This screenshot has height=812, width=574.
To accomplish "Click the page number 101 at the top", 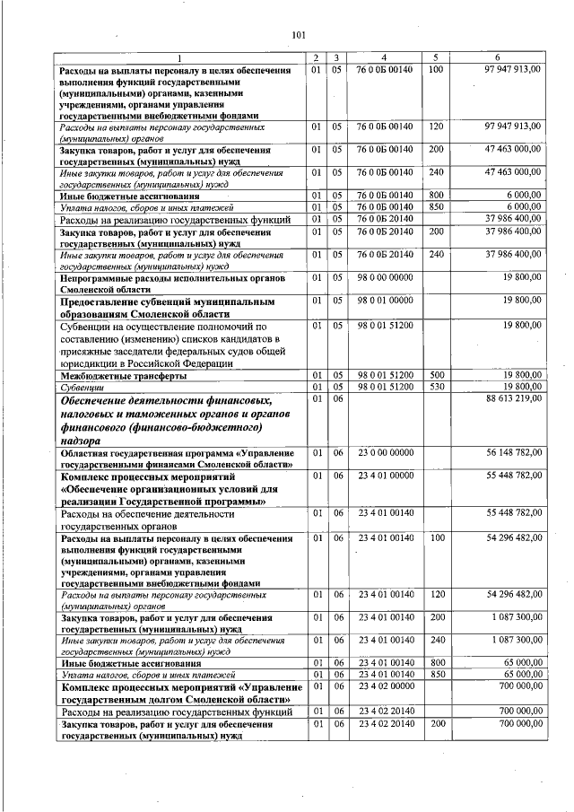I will (x=299, y=36).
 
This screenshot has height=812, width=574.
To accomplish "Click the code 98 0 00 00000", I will (x=385, y=278).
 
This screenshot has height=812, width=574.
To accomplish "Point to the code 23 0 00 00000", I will (x=385, y=453).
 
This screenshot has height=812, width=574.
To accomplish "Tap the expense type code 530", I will (x=436, y=386).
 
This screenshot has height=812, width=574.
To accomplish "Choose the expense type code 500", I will (x=436, y=374).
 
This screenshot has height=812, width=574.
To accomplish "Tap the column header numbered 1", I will (x=180, y=58).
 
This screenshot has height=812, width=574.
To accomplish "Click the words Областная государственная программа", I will (x=149, y=454).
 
